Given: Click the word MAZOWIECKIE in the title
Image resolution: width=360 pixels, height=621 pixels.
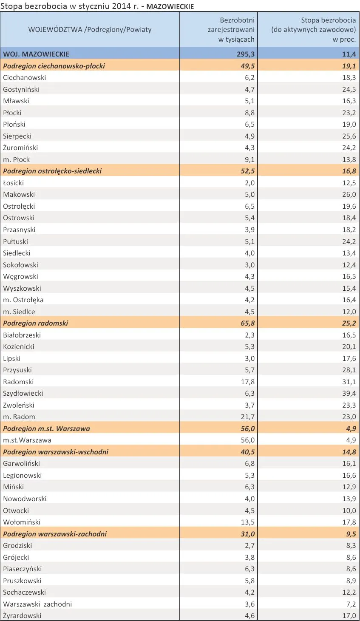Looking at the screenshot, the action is click(x=170, y=6).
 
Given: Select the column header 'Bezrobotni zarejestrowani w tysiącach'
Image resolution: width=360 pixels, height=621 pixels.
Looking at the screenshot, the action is click(x=231, y=30).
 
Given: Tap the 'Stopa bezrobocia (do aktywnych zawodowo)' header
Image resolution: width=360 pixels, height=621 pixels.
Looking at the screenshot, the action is click(x=313, y=25).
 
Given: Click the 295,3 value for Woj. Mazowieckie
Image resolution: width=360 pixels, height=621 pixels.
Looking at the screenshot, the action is click(x=246, y=54).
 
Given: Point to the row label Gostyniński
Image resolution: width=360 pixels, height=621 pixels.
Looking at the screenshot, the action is click(x=21, y=90).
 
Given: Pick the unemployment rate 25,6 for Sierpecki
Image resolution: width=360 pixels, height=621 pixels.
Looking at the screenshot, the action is click(x=349, y=136).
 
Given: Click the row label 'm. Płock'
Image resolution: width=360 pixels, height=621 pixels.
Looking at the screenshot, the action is click(x=16, y=159).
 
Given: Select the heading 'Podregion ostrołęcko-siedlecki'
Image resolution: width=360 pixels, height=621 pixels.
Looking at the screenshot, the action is click(x=52, y=171).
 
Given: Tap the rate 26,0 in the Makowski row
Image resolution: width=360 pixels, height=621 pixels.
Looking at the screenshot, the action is click(x=349, y=194).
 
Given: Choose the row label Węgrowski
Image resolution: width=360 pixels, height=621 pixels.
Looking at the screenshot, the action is click(x=20, y=277).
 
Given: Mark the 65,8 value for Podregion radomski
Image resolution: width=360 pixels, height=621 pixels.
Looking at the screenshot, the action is click(x=247, y=323).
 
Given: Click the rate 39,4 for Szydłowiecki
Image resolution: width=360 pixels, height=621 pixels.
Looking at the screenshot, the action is click(x=349, y=394).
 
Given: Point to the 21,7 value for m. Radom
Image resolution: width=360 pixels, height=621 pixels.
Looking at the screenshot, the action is click(x=247, y=417).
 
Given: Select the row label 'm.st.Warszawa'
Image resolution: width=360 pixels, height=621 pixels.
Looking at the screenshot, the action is click(x=27, y=440).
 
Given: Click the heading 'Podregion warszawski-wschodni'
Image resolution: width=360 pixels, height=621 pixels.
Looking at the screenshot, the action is click(x=56, y=452).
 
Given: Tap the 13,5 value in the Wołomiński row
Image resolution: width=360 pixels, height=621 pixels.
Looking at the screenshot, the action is click(x=247, y=522).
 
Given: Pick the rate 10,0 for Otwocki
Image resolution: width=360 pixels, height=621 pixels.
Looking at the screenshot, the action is click(x=349, y=510).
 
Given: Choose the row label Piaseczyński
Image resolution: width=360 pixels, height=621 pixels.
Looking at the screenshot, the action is click(x=23, y=569).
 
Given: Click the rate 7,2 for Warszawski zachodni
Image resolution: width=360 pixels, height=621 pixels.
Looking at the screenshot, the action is click(x=351, y=604).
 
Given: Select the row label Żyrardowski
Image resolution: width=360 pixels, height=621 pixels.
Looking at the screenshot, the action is click(x=22, y=615).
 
